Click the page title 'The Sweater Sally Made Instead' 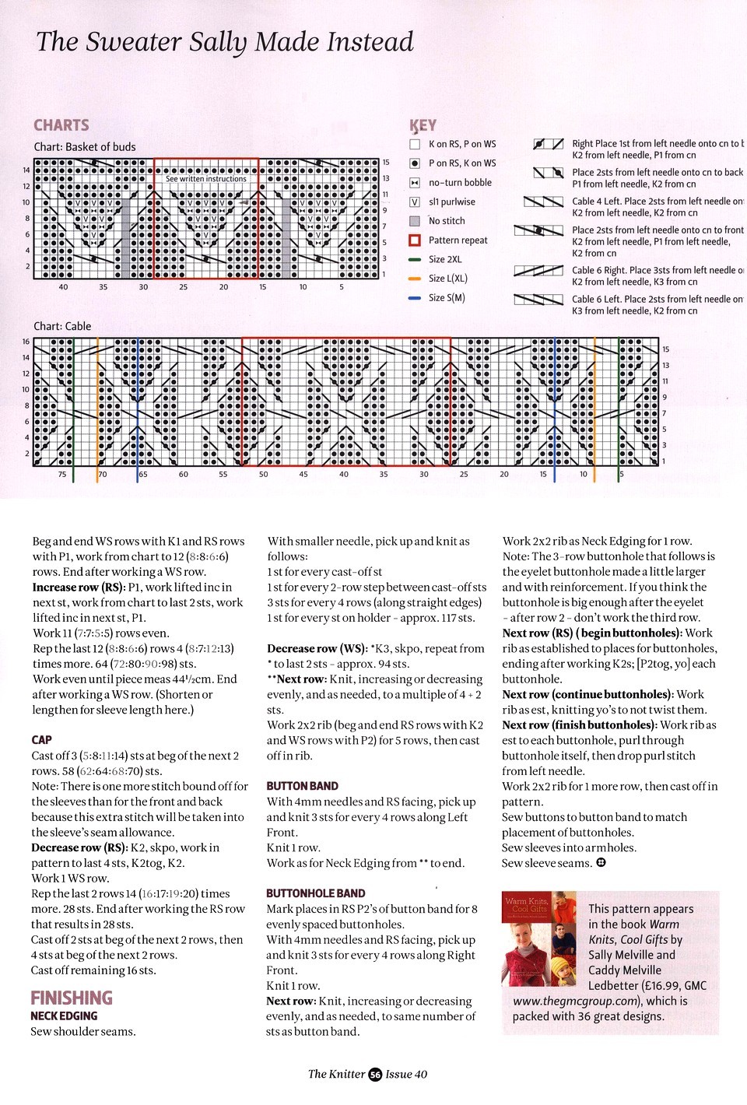(x=225, y=42)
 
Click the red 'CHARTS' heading (x=61, y=125)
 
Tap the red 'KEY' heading (x=423, y=125)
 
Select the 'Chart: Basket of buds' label (x=85, y=147)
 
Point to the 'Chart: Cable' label (x=62, y=326)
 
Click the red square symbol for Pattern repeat (x=415, y=240)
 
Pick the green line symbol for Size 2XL (x=415, y=259)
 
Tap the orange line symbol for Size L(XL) (x=415, y=279)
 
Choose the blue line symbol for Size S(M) (x=415, y=298)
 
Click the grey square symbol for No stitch (x=415, y=221)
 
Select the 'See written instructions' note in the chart (x=206, y=179)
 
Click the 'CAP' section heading (x=42, y=740)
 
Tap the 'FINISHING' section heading (x=72, y=998)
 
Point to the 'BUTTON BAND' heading (x=303, y=786)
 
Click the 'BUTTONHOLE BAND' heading (x=316, y=893)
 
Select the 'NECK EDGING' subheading (x=65, y=1016)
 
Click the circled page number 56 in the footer (x=375, y=1075)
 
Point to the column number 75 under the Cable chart (x=62, y=474)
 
